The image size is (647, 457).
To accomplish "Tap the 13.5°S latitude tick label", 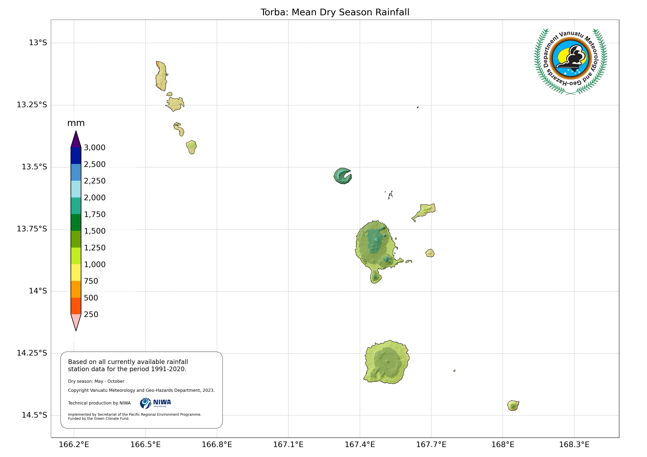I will pos(34,167).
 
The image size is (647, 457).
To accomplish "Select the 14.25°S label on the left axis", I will pos(32,353).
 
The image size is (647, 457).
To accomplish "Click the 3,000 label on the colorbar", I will pos(94,148).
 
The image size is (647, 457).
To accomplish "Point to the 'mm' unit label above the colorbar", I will pos(76,123).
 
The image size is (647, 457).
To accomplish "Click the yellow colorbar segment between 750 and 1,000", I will pos(76,272).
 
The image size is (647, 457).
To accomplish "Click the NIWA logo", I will pos(155,403).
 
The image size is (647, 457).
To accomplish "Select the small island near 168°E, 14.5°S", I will pos(513,405).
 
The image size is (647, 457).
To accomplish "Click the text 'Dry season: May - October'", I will pos(96,381).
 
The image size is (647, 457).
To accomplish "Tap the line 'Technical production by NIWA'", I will pos(99,403).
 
